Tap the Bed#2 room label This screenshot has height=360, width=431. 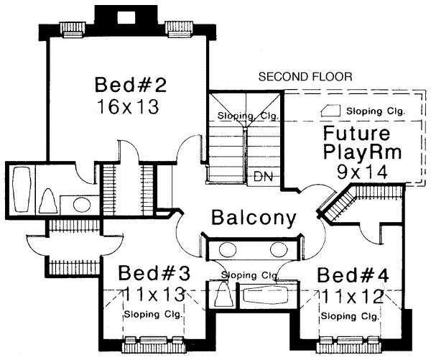point(131,86)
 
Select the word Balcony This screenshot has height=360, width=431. point(254,218)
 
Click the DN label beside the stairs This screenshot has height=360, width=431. point(262,176)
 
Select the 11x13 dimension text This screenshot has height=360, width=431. point(153,295)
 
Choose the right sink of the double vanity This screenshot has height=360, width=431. point(279,250)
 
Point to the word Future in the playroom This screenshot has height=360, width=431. point(356,134)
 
